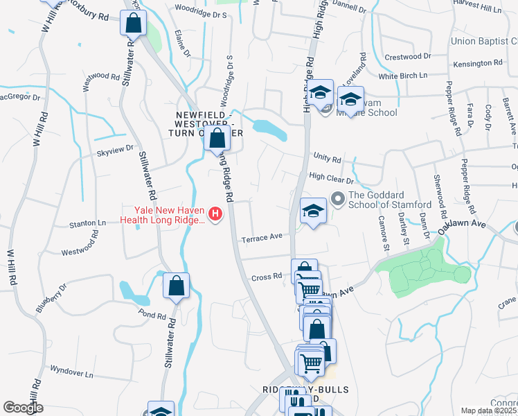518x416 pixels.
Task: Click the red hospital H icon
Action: point(215,214)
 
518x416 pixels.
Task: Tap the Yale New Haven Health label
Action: point(162,214)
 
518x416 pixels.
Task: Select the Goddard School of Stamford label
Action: point(390,200)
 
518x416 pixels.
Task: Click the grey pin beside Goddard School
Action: point(338,199)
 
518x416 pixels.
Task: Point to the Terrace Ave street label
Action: point(262,238)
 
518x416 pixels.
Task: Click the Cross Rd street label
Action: point(267,276)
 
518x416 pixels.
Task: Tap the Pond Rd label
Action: point(152,315)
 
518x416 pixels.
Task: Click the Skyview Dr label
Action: point(114,148)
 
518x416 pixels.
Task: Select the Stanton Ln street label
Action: point(87,224)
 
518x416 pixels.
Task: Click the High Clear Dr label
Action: point(331,177)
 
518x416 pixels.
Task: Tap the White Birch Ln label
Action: point(402,75)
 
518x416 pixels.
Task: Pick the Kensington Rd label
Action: point(478,63)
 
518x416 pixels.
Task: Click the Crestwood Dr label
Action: point(407,56)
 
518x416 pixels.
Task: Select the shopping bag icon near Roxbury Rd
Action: point(132,24)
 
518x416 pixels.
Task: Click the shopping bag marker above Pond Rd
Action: point(177,285)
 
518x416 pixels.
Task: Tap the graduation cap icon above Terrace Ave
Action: point(313,211)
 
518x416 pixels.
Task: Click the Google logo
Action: point(23,408)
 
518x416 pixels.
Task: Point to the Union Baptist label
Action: point(483,42)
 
